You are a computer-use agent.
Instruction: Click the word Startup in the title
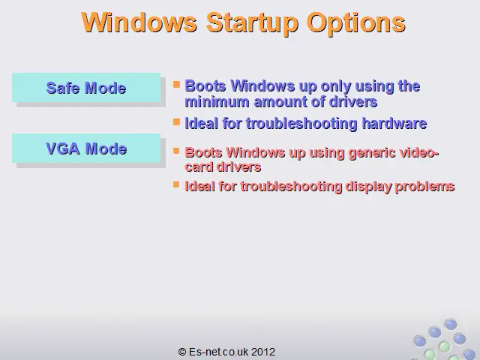point(252,23)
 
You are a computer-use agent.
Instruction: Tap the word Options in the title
point(356,23)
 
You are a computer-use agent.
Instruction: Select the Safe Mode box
point(86,88)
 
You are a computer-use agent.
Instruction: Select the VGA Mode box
point(86,148)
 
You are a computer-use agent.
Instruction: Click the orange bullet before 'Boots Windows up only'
point(176,84)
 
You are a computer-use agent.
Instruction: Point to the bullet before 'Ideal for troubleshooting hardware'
point(176,121)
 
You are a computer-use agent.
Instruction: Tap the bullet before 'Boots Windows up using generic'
point(176,151)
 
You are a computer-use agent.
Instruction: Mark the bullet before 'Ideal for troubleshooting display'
point(176,184)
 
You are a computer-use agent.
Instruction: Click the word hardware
point(394,124)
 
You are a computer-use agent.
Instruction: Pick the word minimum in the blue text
point(217,102)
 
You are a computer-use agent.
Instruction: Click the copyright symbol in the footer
point(181,352)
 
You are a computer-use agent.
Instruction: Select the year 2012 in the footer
point(263,352)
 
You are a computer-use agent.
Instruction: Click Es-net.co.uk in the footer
point(219,352)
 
